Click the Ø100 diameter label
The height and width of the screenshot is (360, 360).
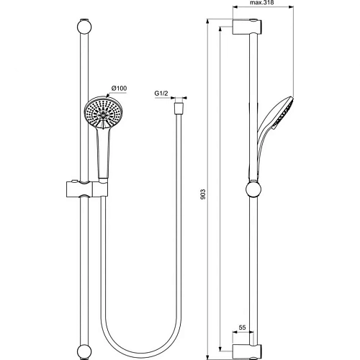pyautogui.click(x=119, y=89)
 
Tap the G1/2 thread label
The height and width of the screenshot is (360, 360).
pyautogui.click(x=162, y=94)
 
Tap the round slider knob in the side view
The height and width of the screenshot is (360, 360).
pyautogui.click(x=253, y=190)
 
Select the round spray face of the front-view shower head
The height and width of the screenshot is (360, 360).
pyautogui.click(x=102, y=114)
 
